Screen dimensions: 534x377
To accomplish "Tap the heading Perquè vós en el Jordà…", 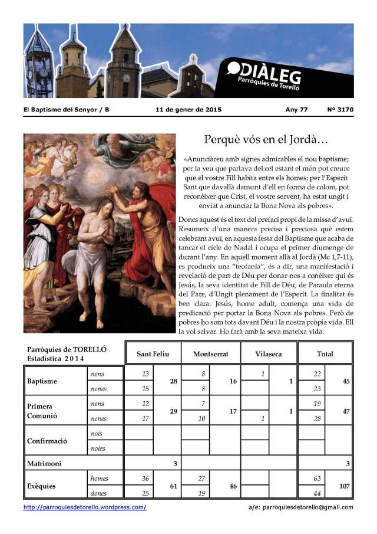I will coord(266,140).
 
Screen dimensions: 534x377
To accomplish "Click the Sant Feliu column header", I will coord(153,354).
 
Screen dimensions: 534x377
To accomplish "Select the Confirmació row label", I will coord(47,441).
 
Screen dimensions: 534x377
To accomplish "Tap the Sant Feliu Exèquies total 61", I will coord(173,486).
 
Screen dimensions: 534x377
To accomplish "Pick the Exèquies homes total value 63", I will coord(316,479).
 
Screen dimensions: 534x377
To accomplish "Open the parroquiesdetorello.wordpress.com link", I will coord(85,507).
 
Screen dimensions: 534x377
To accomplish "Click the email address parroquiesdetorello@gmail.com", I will coord(308,507).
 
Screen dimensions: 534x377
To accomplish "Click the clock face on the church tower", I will coord(126,77).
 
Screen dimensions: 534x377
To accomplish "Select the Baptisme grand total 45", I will coord(346,381).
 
